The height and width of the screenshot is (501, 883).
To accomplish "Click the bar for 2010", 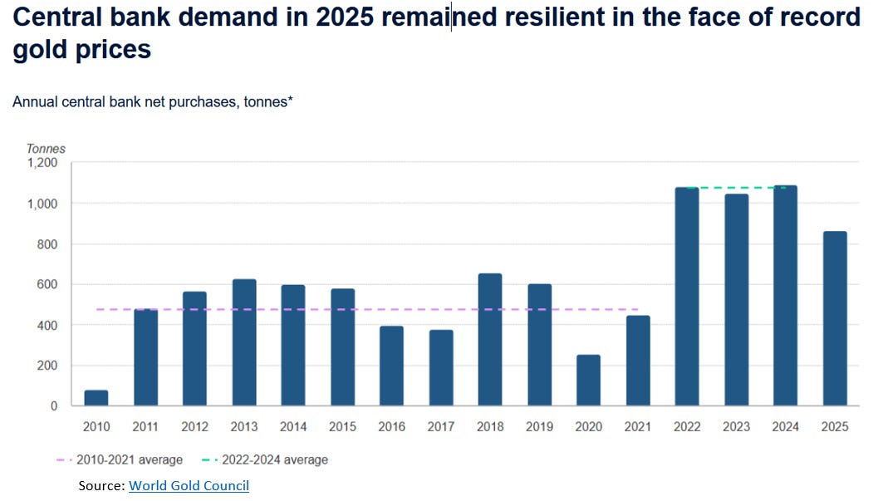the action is click(x=96, y=398).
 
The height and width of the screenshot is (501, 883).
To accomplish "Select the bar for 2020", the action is click(x=588, y=381).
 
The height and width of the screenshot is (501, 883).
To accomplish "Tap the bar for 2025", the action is click(x=835, y=318).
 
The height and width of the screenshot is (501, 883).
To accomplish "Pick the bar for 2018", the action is click(x=490, y=340).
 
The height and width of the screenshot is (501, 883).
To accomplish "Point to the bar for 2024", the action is click(x=785, y=296).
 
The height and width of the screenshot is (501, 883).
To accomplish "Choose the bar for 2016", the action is click(x=391, y=366).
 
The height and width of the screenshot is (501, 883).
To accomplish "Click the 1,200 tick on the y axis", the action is click(x=43, y=163).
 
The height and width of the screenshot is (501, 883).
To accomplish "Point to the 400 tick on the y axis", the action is click(x=47, y=325).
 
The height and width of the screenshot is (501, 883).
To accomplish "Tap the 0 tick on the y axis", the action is click(x=54, y=405).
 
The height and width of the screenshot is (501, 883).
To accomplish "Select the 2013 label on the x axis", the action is click(x=244, y=427).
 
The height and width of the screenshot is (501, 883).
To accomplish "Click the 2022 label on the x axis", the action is click(x=687, y=427).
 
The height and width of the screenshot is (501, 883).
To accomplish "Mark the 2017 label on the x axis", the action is click(x=441, y=427).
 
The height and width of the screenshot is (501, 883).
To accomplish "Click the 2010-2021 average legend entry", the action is click(x=120, y=459).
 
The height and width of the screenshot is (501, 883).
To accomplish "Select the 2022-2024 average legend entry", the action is click(x=265, y=459).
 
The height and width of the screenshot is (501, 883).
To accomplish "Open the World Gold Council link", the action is click(x=189, y=486).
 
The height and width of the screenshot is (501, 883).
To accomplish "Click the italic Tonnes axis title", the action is click(x=47, y=149).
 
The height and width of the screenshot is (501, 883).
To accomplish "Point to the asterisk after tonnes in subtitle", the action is click(x=291, y=99).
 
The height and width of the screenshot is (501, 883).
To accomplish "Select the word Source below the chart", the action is click(x=101, y=486).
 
